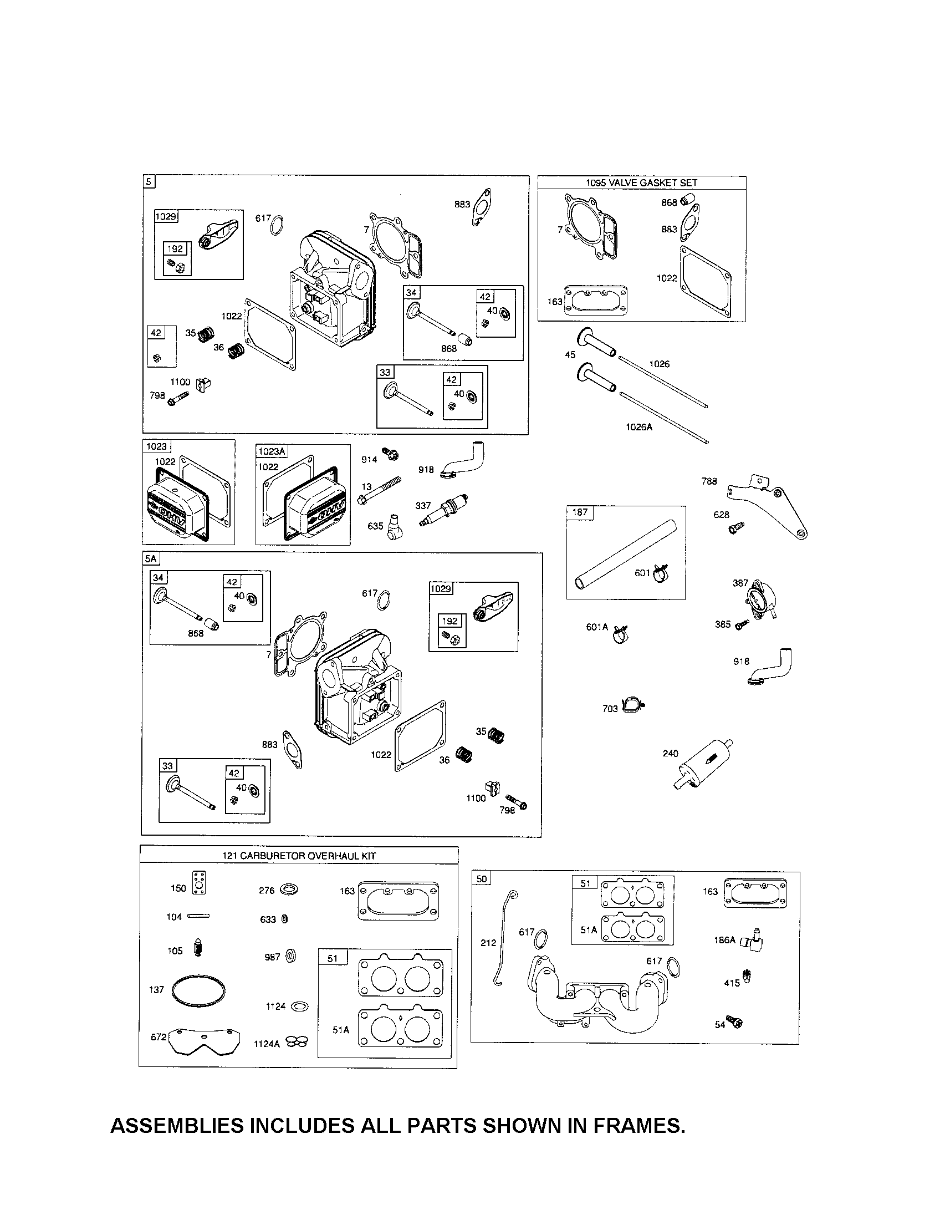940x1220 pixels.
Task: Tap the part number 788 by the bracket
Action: click(709, 481)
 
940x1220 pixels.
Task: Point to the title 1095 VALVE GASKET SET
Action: click(641, 182)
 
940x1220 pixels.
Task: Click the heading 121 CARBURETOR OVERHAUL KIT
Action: click(299, 856)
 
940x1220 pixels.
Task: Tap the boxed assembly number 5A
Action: click(151, 558)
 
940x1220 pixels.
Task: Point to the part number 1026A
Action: click(638, 427)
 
